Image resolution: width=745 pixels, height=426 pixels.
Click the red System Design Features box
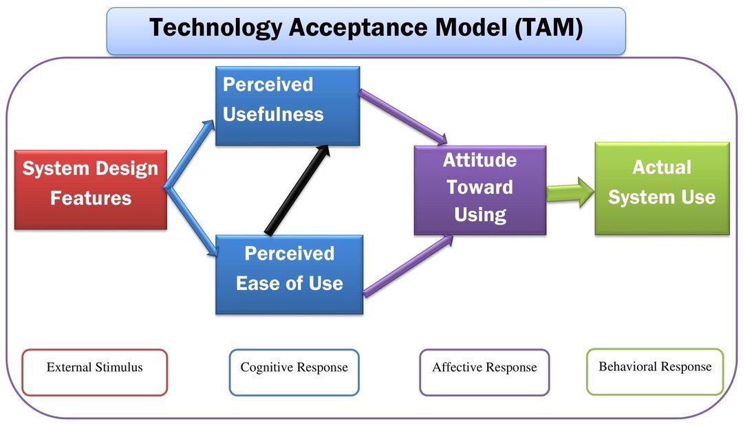(90, 190)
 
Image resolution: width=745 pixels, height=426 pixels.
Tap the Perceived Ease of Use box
(289, 274)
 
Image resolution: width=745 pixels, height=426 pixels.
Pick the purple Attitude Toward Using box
(479, 190)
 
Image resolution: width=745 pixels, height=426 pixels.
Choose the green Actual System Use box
(661, 188)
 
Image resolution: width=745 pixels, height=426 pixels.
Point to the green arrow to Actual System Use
(570, 192)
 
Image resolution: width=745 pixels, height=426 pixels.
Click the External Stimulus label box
(94, 372)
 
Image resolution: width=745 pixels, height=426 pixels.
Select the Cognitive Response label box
(294, 372)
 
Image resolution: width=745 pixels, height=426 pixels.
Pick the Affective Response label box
(484, 372)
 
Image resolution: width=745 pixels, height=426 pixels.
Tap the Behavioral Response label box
(655, 371)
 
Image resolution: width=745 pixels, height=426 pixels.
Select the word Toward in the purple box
(479, 187)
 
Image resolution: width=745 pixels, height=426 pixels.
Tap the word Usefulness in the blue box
(273, 114)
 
